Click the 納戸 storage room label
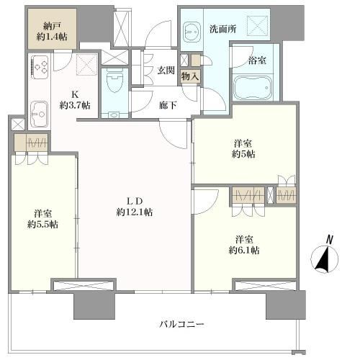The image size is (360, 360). point(52,26)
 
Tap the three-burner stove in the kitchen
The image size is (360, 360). point(40,67)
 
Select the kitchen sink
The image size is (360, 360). point(39,114)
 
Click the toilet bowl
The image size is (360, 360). point(114,81)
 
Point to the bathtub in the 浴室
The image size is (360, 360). point(253,88)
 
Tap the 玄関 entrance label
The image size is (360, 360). point(166,70)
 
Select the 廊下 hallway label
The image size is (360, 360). point(168,105)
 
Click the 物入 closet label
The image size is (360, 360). point(190,76)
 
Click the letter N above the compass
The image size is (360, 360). point(330,240)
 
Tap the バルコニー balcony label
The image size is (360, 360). point(182,325)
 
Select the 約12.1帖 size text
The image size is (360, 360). point(135,212)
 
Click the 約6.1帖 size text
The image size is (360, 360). point(244,251)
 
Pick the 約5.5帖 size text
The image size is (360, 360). point(42,225)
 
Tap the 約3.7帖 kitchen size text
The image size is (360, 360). point(75,105)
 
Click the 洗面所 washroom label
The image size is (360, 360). point(223,29)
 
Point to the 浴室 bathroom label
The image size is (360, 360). point(257,60)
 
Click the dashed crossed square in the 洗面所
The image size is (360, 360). point(257,25)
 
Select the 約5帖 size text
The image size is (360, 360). point(243,154)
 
